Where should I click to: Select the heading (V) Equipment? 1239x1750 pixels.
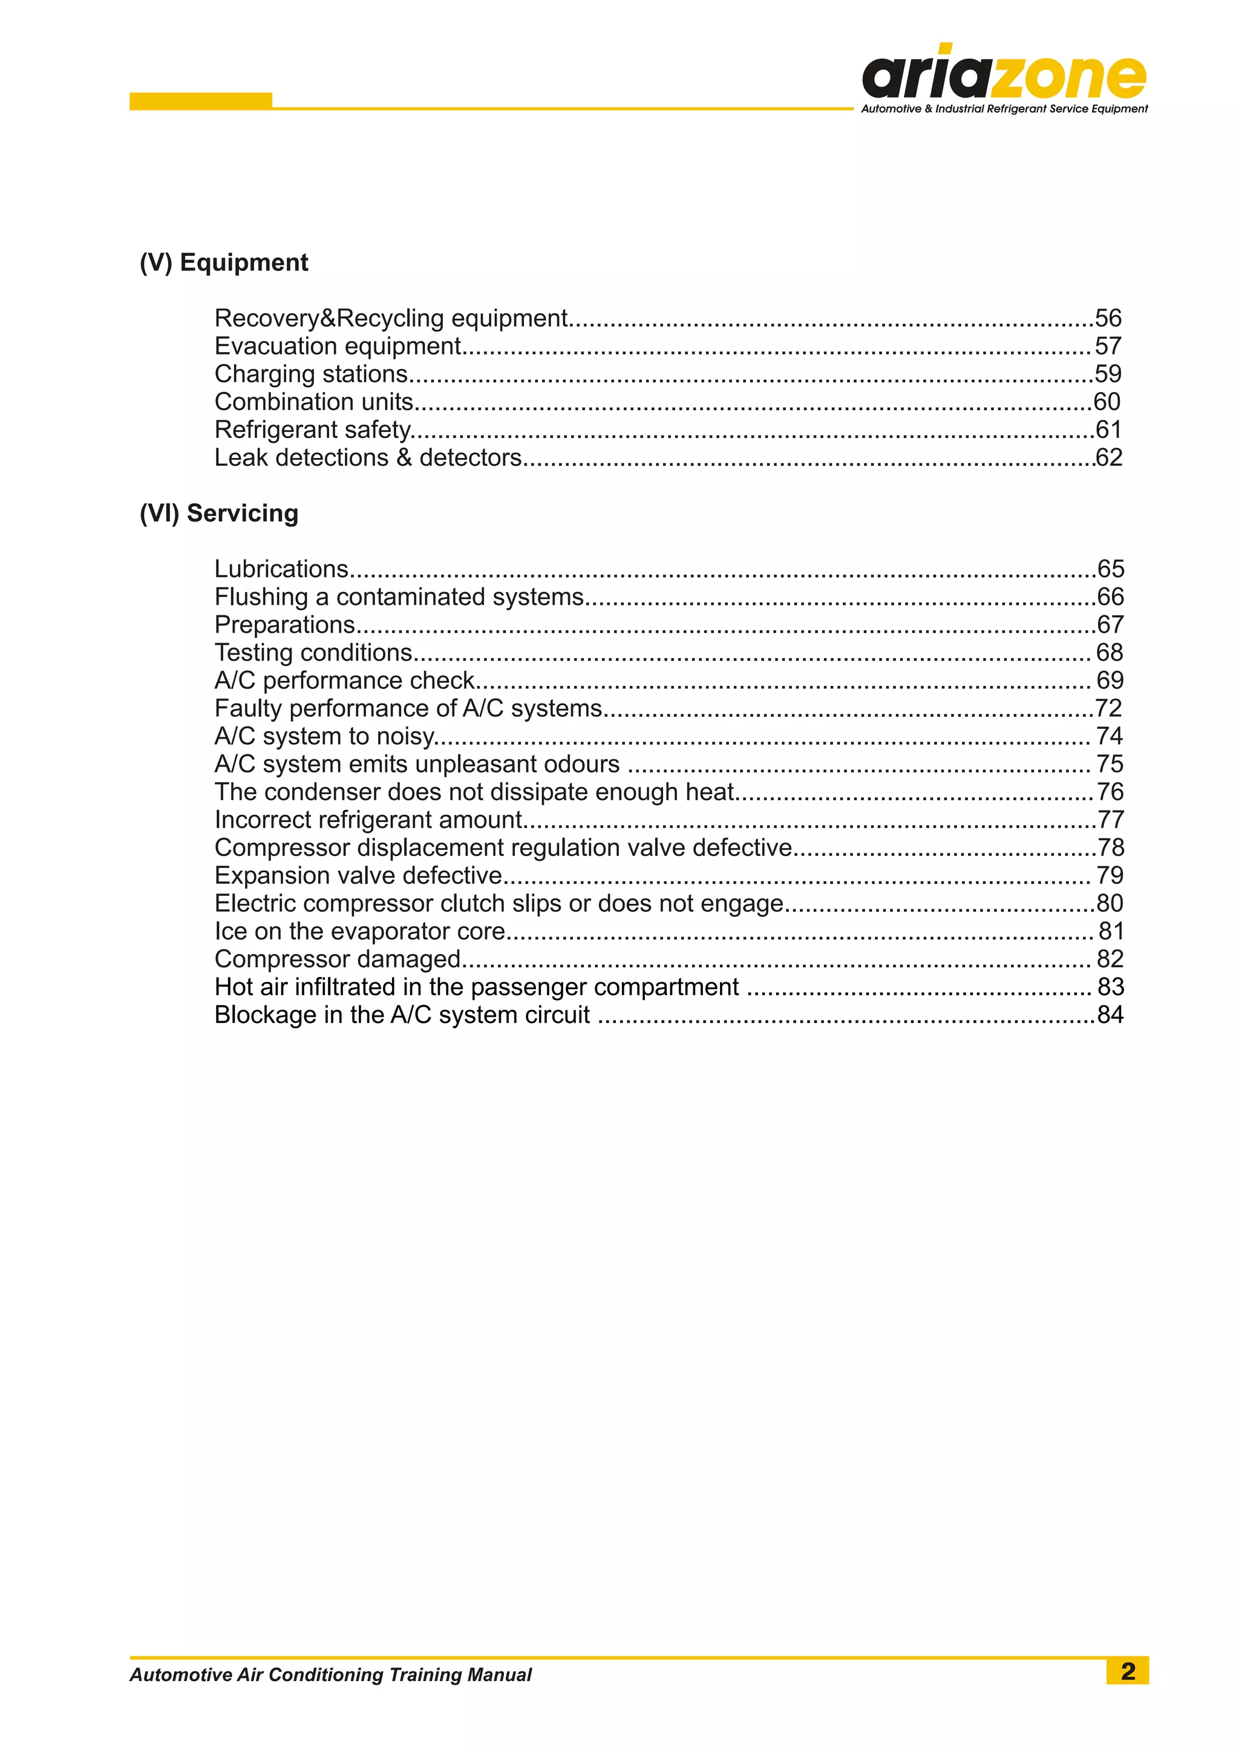coord(223,263)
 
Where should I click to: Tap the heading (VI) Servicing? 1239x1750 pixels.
coord(219,514)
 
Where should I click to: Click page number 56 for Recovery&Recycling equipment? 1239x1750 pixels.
coord(1108,318)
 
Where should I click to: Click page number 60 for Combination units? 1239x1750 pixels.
coord(1107,402)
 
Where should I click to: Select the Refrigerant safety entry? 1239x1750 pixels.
coord(313,430)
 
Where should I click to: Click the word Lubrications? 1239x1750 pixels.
coord(281,569)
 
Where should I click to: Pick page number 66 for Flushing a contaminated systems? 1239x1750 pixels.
coord(1110,596)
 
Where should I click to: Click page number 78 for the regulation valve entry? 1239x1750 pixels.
coord(1110,847)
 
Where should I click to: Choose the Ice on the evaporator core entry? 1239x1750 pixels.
coord(360,932)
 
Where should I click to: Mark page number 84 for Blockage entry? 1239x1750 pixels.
coord(1110,1016)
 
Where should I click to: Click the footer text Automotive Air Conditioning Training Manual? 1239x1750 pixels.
coord(330,1674)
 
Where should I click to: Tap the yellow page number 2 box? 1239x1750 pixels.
coord(1127,1671)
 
